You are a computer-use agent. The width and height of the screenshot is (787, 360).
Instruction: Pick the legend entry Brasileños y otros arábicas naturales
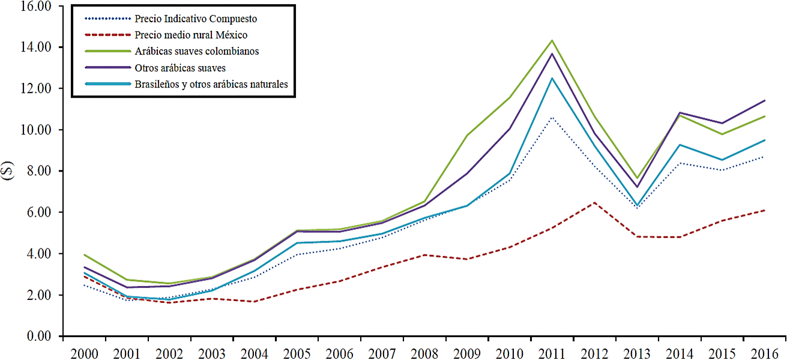pos(211,84)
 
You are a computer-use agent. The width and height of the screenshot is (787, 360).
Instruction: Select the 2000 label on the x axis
pos(85,352)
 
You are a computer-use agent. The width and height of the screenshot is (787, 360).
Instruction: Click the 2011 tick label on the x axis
pos(552,352)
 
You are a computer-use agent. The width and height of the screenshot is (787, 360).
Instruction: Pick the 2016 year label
pos(764,352)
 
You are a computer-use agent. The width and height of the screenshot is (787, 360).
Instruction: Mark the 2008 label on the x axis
pos(424,352)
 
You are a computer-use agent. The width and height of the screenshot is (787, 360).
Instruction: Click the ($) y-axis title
pos(8,170)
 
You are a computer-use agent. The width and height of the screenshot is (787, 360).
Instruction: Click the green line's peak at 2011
pos(552,40)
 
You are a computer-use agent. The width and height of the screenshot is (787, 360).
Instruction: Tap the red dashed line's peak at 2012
pos(594,203)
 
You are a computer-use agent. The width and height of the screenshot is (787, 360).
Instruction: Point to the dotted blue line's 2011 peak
pos(552,118)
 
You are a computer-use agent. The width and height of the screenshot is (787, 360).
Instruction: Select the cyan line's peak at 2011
pos(552,78)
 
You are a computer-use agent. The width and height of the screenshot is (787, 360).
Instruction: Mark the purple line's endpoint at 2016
pos(764,100)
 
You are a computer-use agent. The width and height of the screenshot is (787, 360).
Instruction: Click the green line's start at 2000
pos(85,254)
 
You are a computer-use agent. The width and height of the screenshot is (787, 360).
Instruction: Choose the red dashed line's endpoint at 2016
pos(764,210)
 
